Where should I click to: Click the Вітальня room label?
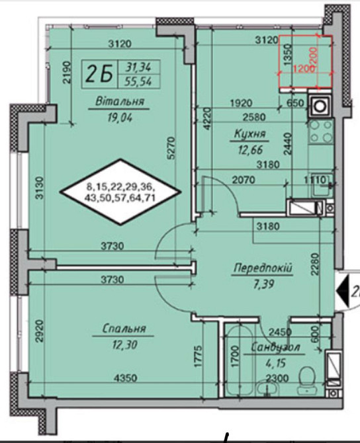[x=120, y=101]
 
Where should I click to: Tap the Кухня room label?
[x=250, y=134]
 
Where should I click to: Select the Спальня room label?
[x=124, y=329]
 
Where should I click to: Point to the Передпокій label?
[x=263, y=268]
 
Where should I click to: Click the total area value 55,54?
[x=139, y=81]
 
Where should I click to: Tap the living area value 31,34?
[x=138, y=67]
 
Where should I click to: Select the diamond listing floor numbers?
[x=120, y=192]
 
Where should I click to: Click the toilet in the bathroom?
[x=308, y=380]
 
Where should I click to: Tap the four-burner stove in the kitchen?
[x=321, y=132]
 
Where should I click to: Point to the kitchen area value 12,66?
[x=250, y=149]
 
